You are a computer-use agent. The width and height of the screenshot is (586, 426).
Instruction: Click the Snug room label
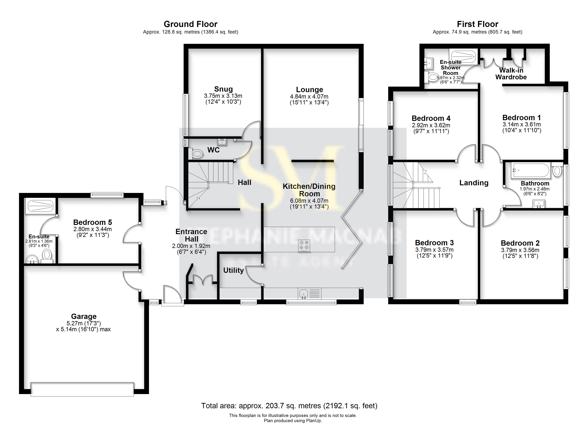(223, 89)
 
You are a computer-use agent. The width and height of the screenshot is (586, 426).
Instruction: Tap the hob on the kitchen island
(304, 246)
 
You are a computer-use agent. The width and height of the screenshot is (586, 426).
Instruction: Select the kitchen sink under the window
(304, 294)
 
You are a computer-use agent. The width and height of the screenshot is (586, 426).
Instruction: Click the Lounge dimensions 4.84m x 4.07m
(309, 97)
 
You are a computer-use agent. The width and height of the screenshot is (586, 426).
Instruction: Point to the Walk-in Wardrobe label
(511, 74)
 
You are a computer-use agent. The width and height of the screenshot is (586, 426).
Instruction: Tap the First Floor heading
(477, 24)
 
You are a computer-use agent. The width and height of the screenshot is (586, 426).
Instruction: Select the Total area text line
(289, 406)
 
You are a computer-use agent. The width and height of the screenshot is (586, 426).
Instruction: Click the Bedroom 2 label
(520, 243)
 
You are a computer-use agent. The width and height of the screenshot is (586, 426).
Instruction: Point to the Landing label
(474, 183)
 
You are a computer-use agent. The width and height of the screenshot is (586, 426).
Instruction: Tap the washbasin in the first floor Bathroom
(539, 204)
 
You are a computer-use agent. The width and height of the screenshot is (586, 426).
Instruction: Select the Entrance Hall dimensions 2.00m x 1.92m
(191, 246)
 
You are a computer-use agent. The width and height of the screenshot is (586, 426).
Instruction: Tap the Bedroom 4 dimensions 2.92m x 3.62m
(431, 125)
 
